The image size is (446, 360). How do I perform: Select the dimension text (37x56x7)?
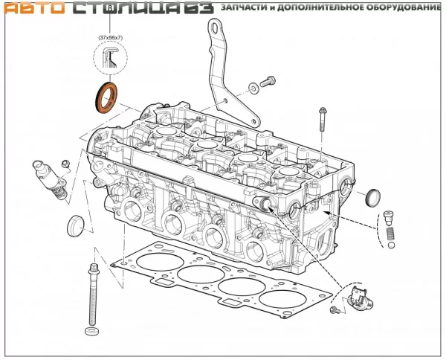(110, 38)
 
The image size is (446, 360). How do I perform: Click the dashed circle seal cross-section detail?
(110, 58)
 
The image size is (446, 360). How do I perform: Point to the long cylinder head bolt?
(93, 295)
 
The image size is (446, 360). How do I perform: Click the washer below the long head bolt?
(92, 331)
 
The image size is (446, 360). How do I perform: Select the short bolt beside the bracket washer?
(268, 81)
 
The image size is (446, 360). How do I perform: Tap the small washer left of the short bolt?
(253, 88)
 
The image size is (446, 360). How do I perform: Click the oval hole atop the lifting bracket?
(216, 28)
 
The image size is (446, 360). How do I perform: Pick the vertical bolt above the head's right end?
(323, 119)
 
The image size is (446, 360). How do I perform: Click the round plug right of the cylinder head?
(372, 198)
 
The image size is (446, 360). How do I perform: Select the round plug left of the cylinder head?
(76, 226)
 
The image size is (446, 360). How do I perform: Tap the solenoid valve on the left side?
(51, 180)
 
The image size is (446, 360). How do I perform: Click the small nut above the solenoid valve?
(65, 164)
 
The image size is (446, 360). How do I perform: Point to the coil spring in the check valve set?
(390, 234)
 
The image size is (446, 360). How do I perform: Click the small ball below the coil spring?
(392, 245)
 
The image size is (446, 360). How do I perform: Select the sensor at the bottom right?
(359, 298)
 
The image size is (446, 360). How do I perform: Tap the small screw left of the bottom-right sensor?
(334, 309)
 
